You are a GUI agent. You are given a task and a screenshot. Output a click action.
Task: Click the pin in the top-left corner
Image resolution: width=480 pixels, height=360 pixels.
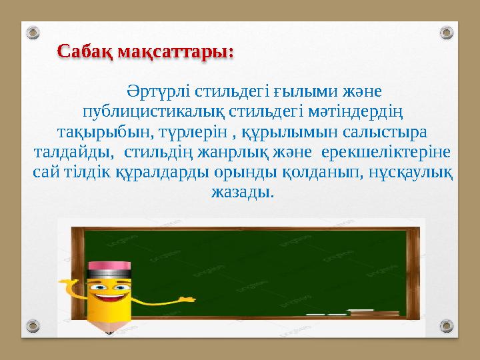34,32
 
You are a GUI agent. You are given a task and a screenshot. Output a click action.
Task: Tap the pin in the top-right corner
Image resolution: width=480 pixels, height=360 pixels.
447,32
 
